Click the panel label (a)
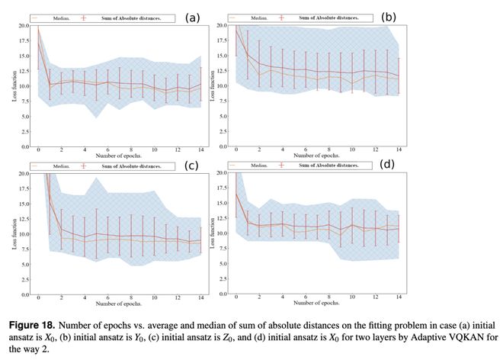pos(193,16)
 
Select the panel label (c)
pos(194,164)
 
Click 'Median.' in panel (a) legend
pos(59,17)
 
